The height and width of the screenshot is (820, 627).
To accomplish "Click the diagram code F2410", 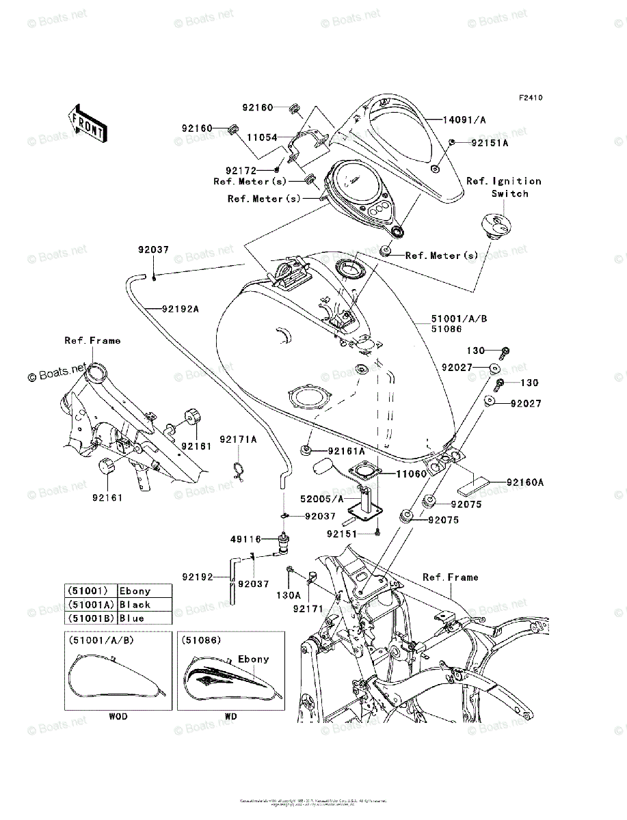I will [x=530, y=98].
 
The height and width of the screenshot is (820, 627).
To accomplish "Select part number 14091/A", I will [x=464, y=120].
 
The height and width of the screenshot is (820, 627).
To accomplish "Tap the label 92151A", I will [x=489, y=143].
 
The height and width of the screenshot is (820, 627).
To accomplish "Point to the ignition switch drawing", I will [x=497, y=223].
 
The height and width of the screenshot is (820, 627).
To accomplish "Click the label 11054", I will [x=263, y=137].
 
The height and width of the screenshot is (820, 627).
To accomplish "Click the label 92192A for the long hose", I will [x=181, y=308].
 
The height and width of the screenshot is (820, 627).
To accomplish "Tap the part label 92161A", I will [x=346, y=451].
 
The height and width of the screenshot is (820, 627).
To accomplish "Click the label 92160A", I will [x=525, y=482].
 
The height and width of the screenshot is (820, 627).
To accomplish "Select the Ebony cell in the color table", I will [x=135, y=591].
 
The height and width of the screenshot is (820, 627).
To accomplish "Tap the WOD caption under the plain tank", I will [x=118, y=717].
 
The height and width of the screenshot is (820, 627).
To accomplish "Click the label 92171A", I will [x=238, y=439].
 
